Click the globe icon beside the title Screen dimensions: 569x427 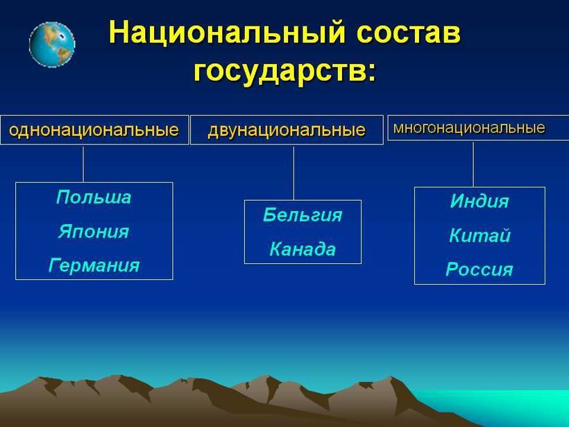coord(52,44)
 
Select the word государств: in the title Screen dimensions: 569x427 coord(285,70)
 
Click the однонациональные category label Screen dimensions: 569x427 coord(94,130)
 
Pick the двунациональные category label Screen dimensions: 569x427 coord(287,130)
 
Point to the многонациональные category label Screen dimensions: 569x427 coord(469,128)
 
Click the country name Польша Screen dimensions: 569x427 coord(94,197)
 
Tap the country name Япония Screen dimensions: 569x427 coord(94,231)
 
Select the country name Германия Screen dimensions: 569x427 coord(94,265)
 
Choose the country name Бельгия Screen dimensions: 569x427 coord(303,215)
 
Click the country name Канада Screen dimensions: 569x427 coord(303,249)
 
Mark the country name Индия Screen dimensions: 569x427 coord(479,202)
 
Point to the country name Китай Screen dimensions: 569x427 coord(479,235)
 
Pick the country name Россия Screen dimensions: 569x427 coord(479,269)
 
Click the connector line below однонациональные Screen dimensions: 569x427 coord(83,164)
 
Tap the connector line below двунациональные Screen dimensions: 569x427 coord(294,172)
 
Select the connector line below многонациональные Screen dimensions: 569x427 coord(473,164)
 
